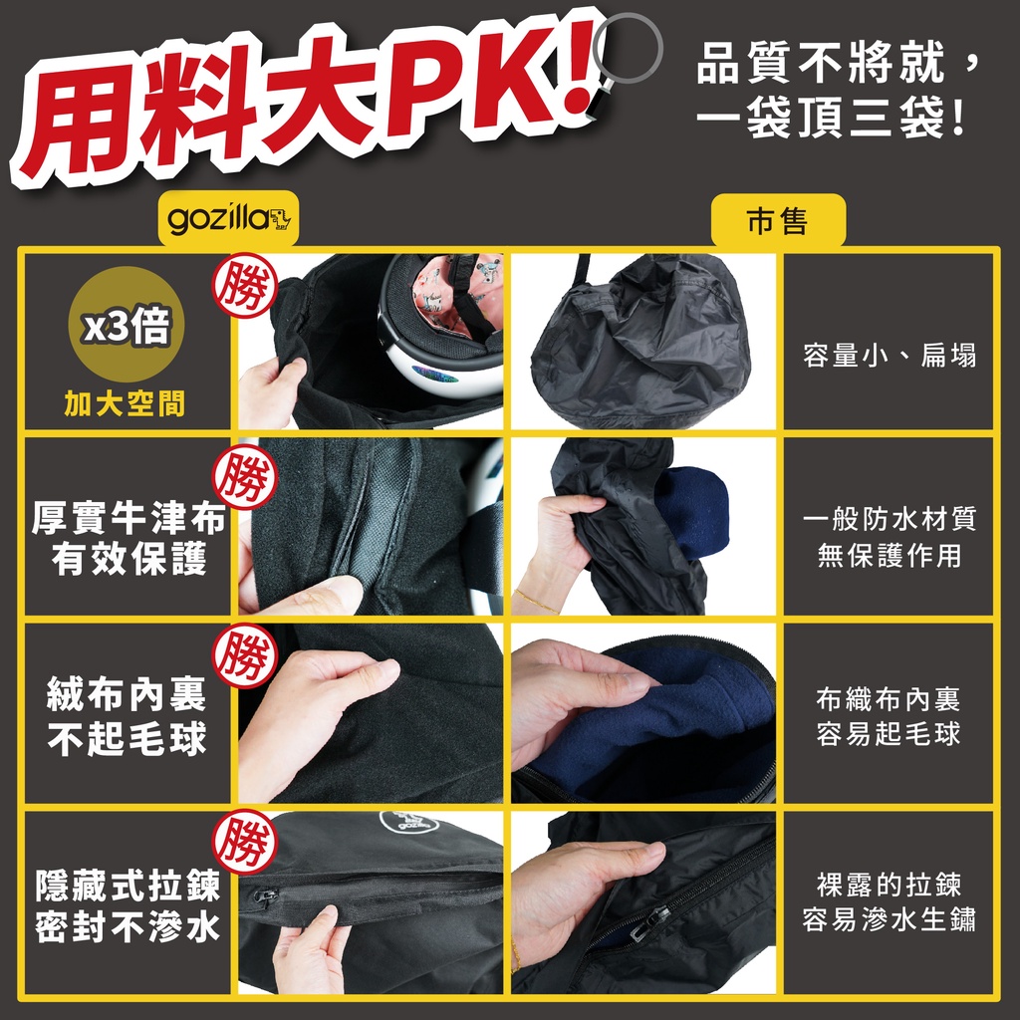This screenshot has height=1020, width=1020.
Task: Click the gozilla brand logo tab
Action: coord(228,218)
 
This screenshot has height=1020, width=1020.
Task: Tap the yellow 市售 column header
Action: coord(778,220)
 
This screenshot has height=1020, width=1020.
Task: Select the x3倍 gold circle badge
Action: coord(127,324)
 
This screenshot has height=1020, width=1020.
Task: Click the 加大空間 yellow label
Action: coord(125,404)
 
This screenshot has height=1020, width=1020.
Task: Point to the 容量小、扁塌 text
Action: coord(890,356)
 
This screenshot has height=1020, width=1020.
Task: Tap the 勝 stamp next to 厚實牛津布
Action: coord(245,477)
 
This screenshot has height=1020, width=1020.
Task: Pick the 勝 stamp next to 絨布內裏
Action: coord(245,655)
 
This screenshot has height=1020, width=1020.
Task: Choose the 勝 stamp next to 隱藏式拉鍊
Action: coord(245,842)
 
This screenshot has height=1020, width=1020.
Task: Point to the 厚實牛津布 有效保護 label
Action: coord(128,539)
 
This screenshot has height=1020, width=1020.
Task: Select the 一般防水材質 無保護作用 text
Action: coord(890,537)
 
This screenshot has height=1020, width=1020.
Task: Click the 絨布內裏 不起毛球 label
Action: coord(127,716)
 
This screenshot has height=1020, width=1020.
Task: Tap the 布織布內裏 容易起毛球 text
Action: coord(889,717)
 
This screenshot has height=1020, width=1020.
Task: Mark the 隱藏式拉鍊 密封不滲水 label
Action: coord(127,905)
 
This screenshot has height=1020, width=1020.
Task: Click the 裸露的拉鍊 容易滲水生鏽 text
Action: coord(889,902)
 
